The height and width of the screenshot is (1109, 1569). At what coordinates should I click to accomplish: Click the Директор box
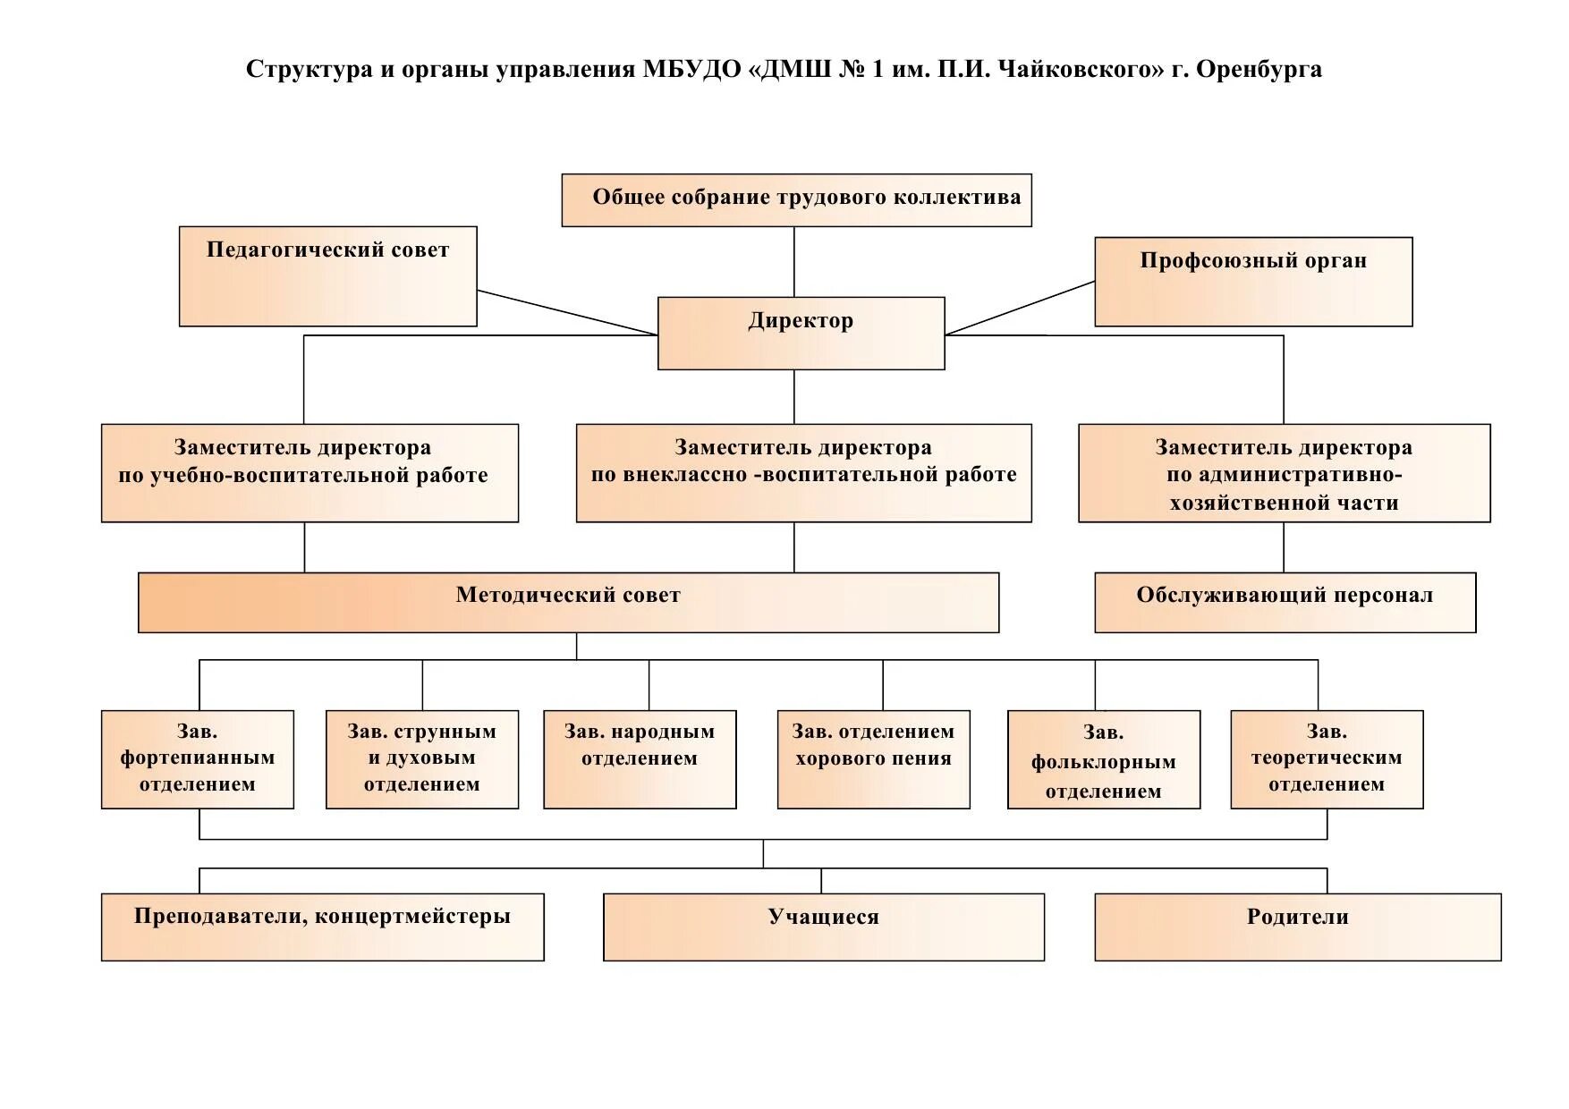point(801,333)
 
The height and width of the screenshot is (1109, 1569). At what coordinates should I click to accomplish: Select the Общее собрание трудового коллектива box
point(796,199)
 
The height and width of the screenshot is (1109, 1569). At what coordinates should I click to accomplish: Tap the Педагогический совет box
point(327,275)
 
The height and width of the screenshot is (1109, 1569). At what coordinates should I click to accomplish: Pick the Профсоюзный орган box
point(1252,281)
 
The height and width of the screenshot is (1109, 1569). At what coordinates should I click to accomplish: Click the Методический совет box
point(568,602)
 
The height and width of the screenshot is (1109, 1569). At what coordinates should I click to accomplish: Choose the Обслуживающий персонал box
point(1285,602)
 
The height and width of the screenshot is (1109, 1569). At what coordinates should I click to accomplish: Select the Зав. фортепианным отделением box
point(197,759)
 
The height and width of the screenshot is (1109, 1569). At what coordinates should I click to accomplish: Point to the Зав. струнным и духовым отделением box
point(421,759)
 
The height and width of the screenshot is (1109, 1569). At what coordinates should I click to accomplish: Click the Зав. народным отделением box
point(640,759)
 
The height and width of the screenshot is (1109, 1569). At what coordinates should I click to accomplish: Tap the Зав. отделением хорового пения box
point(873,759)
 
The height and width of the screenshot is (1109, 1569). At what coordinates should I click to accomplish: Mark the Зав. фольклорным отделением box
point(1103,759)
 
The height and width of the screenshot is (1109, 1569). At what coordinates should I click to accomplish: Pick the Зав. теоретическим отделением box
point(1327,759)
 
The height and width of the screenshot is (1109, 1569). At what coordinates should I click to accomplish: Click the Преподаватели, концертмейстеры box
point(322,927)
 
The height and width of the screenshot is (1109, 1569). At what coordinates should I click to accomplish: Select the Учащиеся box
point(823,927)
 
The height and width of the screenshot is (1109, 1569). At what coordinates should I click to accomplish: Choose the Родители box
point(1297,927)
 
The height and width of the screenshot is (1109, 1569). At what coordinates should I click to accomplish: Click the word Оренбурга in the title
point(1259,70)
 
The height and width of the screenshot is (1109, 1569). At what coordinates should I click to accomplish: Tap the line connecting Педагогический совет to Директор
point(567,312)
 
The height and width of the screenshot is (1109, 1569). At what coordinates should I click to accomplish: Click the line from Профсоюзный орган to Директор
point(1020,309)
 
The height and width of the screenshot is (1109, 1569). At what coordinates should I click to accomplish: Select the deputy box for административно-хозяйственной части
point(1284,473)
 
